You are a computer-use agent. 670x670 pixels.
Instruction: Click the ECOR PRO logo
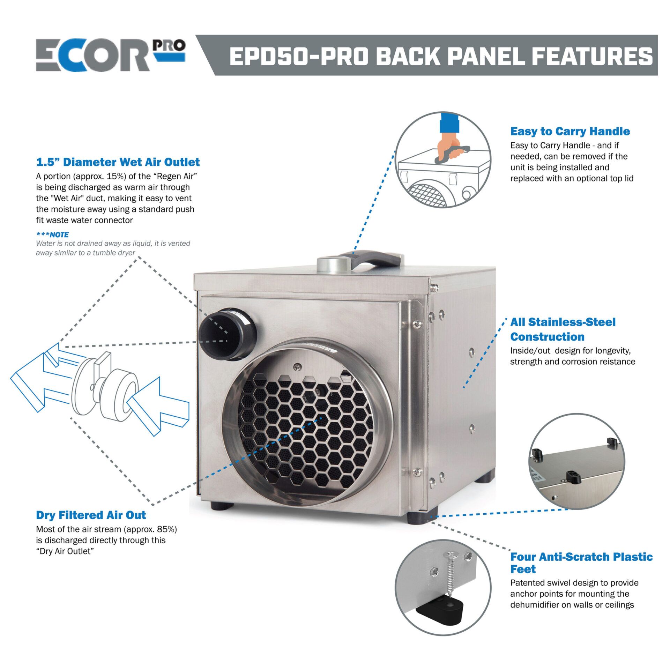pos(110,55)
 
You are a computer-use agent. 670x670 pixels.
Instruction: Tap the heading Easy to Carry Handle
pos(570,131)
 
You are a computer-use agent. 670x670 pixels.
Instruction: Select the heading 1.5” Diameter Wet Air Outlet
pos(118,162)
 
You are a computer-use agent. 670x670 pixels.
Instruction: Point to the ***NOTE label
pos(52,234)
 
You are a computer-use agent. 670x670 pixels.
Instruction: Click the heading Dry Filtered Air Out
pos(91,515)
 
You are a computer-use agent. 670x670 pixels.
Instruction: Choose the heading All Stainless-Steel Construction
pos(563,329)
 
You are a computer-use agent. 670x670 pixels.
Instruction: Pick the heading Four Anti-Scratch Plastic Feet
pos(581,563)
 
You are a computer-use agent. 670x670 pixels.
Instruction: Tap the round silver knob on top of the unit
pos(333,264)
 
